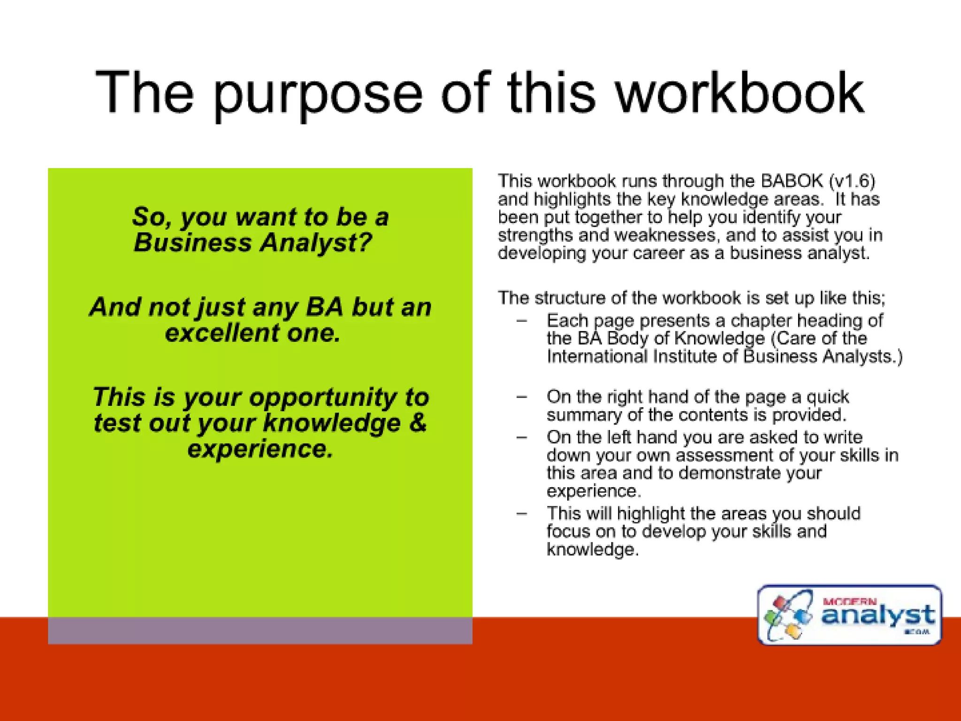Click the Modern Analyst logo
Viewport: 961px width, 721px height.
pos(849,615)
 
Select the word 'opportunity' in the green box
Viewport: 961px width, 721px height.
pos(323,398)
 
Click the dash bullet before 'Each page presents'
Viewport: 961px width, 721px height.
pos(521,321)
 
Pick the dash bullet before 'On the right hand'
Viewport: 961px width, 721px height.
pos(521,397)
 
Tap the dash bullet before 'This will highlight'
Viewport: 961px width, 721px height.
pos(521,514)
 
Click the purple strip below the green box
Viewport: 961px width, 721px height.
pos(260,630)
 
